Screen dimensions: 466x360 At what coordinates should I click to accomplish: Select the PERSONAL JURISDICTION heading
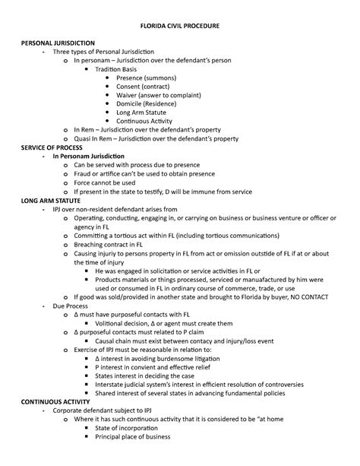(58, 42)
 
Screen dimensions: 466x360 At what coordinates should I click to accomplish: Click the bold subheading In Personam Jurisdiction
(99, 156)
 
